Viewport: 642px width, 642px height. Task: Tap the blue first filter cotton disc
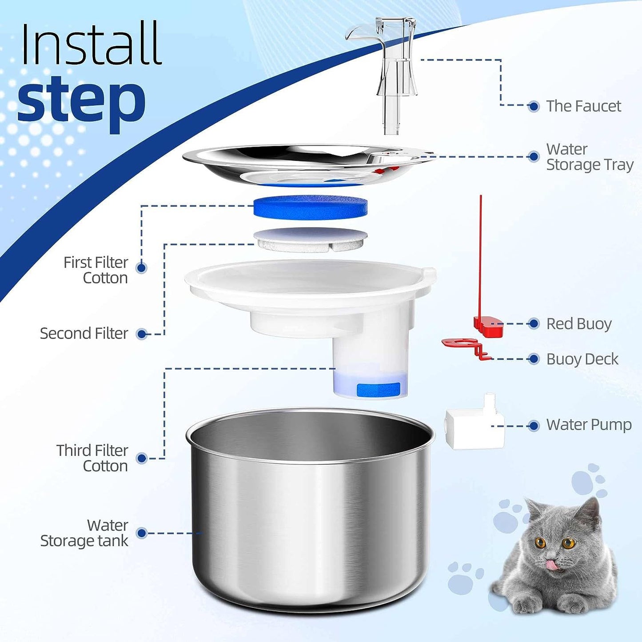tap(310, 207)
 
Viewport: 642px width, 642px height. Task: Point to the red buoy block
tap(488, 326)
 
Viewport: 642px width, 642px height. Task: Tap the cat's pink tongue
tap(551, 565)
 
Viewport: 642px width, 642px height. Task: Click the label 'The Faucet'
tap(583, 106)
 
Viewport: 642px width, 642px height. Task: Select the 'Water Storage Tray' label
tap(589, 157)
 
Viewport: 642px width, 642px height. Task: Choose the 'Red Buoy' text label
tap(578, 324)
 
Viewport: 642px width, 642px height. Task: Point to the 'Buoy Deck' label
tap(582, 359)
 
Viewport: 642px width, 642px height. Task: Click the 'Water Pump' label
tap(589, 425)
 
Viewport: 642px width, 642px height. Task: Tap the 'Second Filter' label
tap(84, 334)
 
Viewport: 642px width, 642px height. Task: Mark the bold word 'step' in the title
tap(82, 100)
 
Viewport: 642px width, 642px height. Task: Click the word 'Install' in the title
tap(91, 44)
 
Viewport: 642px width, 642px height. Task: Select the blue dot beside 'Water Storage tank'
tap(142, 533)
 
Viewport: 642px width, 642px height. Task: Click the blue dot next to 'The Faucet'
tap(534, 106)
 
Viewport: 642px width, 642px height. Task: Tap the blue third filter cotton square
tap(378, 390)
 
